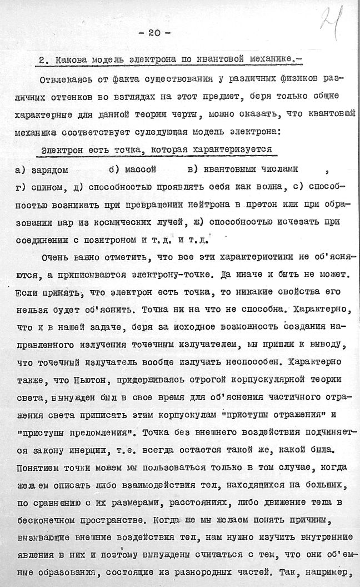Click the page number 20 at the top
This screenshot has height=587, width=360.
pyautogui.click(x=154, y=33)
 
